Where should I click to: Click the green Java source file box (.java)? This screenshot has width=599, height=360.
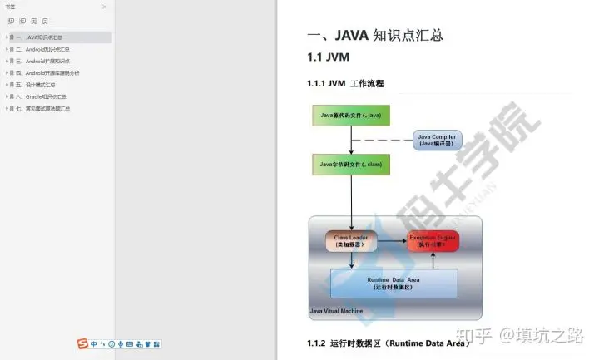tap(350, 116)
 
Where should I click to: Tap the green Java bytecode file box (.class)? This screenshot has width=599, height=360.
tap(350, 165)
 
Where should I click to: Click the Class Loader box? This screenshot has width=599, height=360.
tap(350, 241)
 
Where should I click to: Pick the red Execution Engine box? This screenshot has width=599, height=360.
tap(433, 241)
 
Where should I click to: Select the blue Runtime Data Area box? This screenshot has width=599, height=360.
tap(394, 283)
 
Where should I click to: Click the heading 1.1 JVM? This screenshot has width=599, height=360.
tap(329, 57)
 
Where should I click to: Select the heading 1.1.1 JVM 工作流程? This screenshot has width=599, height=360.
tap(345, 84)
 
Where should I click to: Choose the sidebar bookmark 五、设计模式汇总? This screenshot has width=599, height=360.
tap(34, 84)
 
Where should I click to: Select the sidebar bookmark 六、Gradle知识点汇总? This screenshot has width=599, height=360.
tap(38, 96)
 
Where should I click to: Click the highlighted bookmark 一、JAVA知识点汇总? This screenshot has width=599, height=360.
tap(38, 37)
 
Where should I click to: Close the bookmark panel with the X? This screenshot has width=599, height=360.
tap(104, 7)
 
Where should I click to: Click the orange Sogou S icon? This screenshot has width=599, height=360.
tap(82, 343)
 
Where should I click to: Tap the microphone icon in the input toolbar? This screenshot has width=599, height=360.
tap(121, 343)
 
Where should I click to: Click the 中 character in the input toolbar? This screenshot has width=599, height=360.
tap(93, 343)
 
